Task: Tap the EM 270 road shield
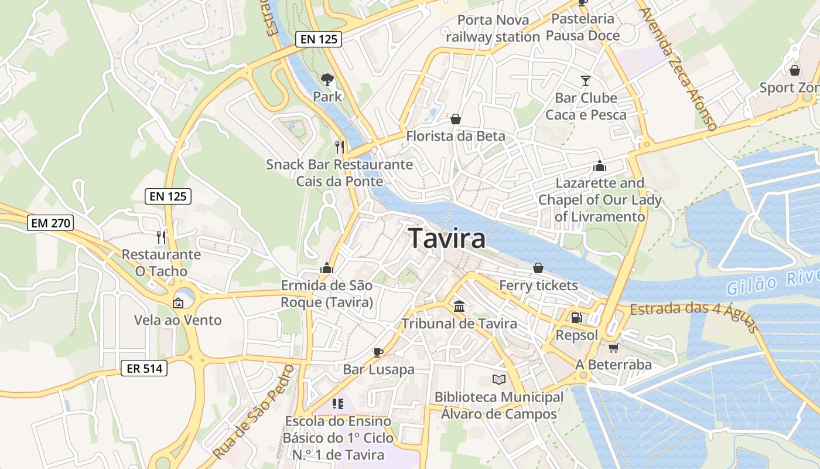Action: coord(50,223)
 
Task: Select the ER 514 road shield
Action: coord(144,368)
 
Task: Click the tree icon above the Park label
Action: coord(327,79)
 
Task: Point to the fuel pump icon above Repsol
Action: coord(577,318)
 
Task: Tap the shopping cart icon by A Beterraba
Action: coord(613,348)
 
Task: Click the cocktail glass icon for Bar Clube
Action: coord(586,80)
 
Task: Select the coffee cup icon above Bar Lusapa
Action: coord(378,352)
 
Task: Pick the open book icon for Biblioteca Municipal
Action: coord(498,380)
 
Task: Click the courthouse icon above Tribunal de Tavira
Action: coord(459,307)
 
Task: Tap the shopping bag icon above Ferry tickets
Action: coord(538,269)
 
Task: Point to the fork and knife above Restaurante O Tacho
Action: coord(161,237)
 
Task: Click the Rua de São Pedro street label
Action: coord(253,412)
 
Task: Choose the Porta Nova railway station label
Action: coord(493,28)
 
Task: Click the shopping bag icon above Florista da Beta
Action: coord(456,120)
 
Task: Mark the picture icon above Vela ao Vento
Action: coord(177,303)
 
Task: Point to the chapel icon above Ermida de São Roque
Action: coord(327,269)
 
